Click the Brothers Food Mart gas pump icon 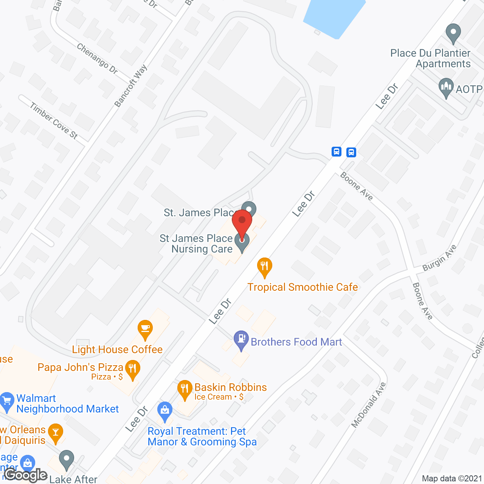point(241,340)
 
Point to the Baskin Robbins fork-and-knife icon point(185,389)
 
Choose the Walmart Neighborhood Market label point(67,403)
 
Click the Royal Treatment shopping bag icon point(165,411)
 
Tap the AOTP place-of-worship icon point(446,87)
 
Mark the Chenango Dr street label point(97,58)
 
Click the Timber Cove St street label point(54,121)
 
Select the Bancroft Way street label point(130,86)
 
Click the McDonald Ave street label point(368,405)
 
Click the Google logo point(26,475)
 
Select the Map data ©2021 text point(452,478)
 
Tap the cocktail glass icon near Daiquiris point(56,433)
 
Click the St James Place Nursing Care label point(196,244)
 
